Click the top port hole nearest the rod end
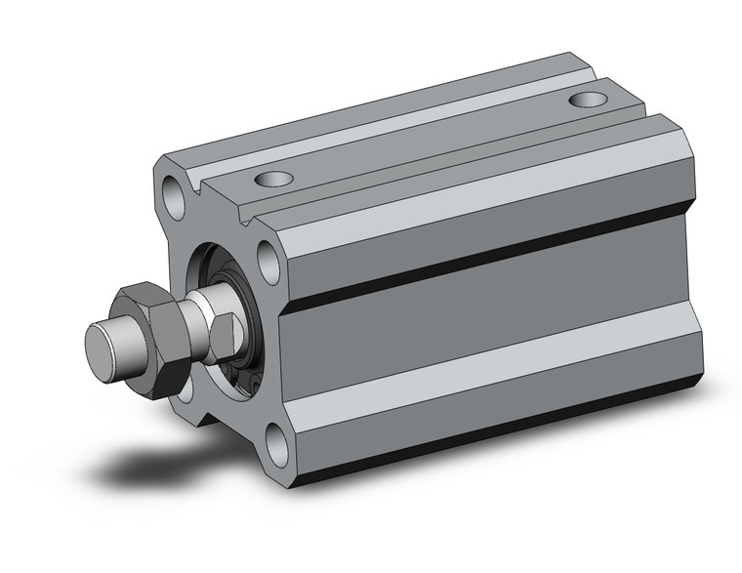tap(273, 179)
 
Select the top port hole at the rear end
tap(587, 99)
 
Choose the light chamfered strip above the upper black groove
tap(488, 210)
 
